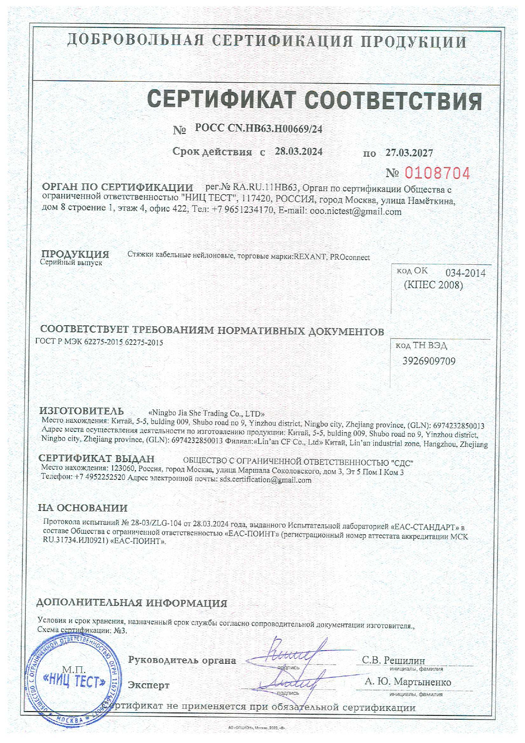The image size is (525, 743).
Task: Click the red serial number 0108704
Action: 437,173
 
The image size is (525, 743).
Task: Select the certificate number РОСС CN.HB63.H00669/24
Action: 258,129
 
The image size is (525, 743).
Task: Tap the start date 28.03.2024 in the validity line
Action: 298,152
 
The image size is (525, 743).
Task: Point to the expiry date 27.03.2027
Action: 409,152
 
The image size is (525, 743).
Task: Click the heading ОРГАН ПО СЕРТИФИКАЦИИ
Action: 117,187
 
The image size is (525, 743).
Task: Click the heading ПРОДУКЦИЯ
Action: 75,254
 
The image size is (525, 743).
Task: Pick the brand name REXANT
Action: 310,257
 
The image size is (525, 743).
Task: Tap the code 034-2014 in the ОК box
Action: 465,273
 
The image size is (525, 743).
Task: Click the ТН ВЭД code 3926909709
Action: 428,361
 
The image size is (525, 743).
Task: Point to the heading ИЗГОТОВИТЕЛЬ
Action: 81,411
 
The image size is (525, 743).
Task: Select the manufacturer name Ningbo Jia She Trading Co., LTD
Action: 207,413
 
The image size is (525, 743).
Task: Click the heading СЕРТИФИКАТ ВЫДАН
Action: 96,458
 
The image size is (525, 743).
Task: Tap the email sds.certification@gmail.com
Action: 265,480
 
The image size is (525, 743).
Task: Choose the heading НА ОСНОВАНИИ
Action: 83,508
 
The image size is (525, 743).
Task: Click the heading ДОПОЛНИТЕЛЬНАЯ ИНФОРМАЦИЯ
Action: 131,603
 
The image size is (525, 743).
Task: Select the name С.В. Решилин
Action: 393,660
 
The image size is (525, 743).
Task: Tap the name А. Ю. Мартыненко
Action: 408,682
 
